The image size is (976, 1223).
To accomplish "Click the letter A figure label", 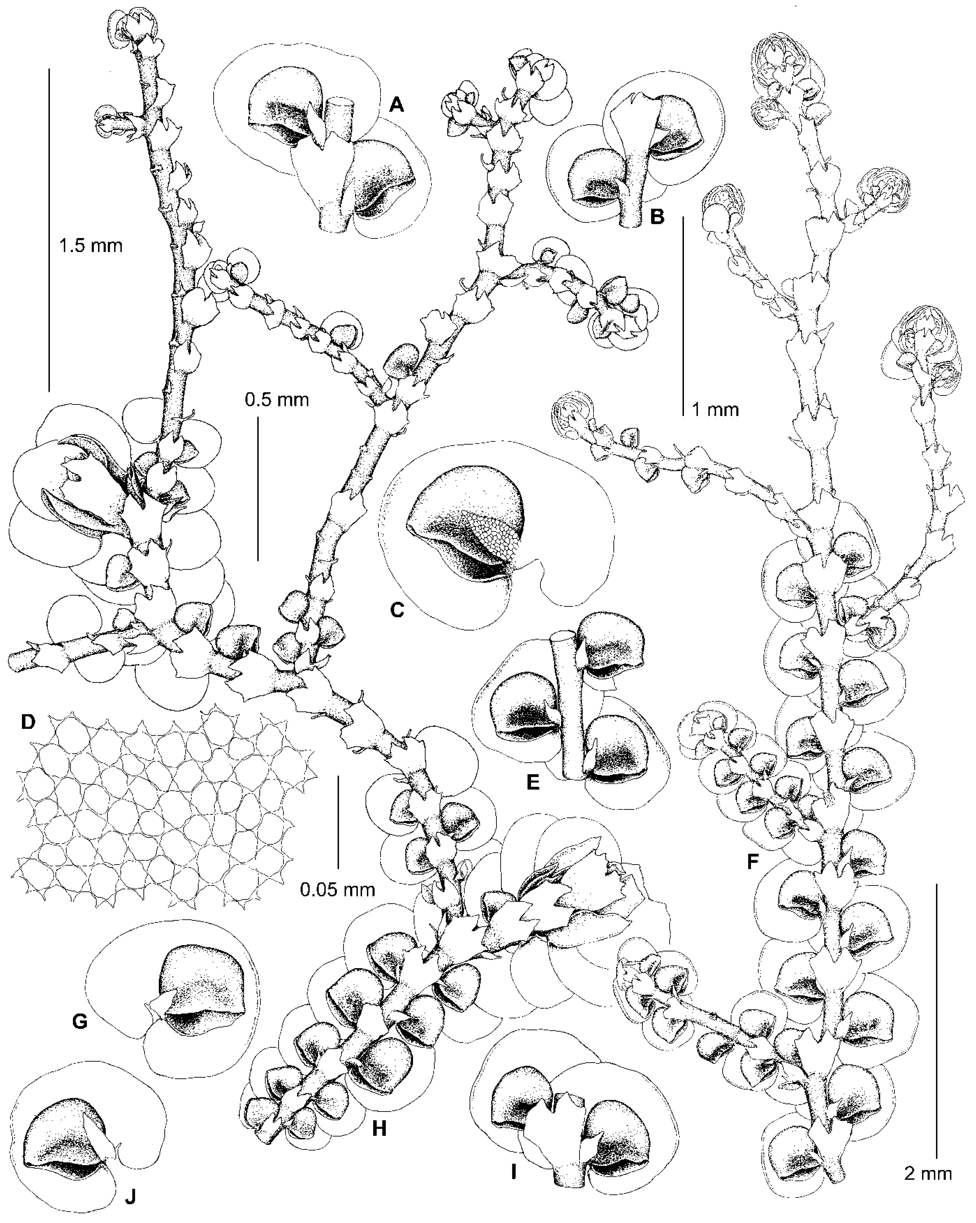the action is [397, 104].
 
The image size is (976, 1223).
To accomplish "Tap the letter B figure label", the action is [657, 217].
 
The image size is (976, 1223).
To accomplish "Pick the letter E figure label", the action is [533, 782].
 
